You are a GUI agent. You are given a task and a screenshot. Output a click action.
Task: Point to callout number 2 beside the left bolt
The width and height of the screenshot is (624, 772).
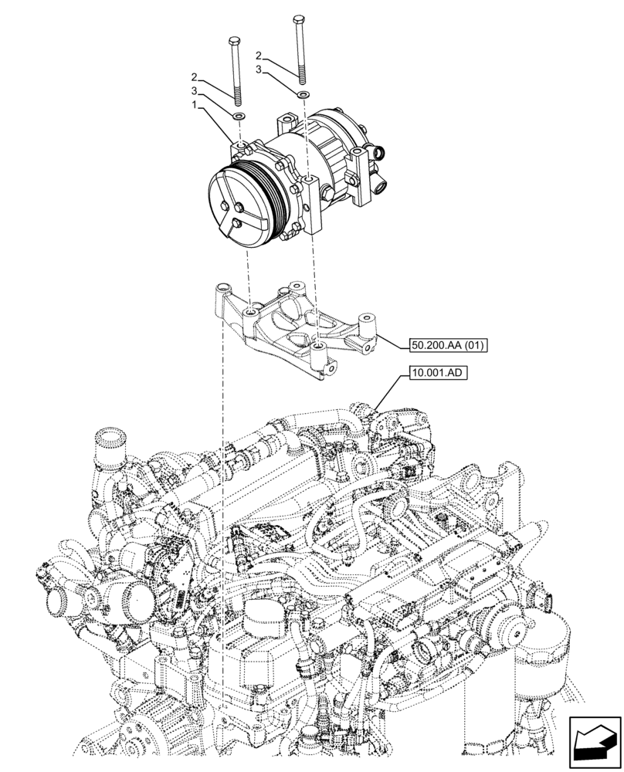pyautogui.click(x=195, y=77)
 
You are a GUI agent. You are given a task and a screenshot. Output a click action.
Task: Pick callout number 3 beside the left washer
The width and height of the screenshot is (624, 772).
pyautogui.click(x=195, y=91)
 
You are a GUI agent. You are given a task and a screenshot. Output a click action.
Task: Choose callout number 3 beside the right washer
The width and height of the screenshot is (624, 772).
pyautogui.click(x=261, y=69)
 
